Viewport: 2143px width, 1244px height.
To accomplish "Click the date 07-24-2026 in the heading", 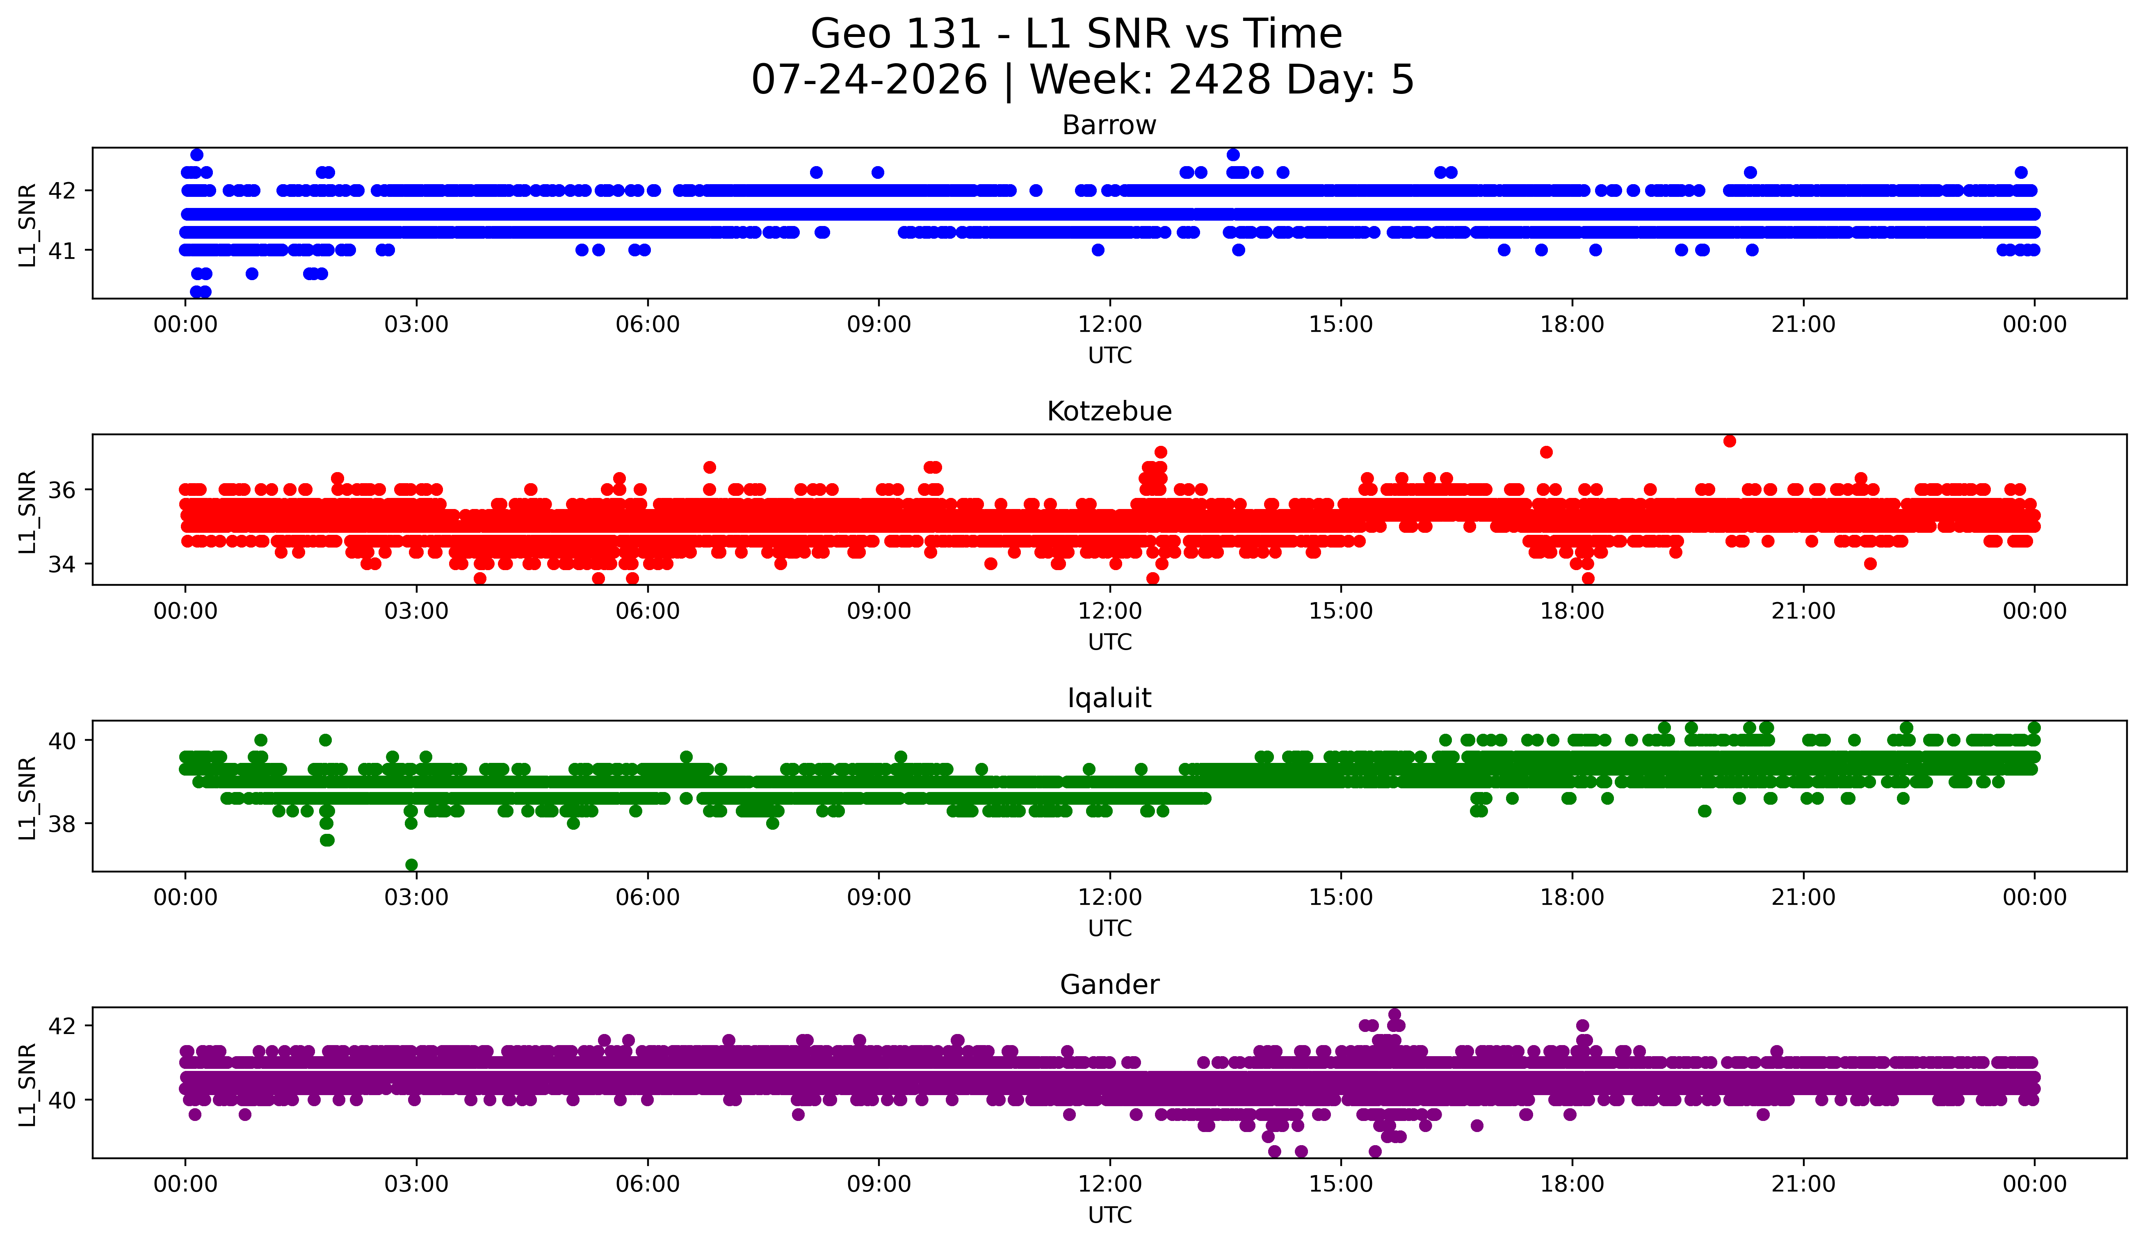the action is tap(869, 80).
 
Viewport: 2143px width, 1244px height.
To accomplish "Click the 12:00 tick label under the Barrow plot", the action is tap(1110, 325).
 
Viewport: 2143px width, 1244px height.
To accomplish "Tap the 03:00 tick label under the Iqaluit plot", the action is tap(417, 898).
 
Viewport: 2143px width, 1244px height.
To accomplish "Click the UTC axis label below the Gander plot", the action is tap(1110, 1215).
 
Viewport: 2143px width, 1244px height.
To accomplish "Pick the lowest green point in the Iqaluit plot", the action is tap(412, 865).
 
